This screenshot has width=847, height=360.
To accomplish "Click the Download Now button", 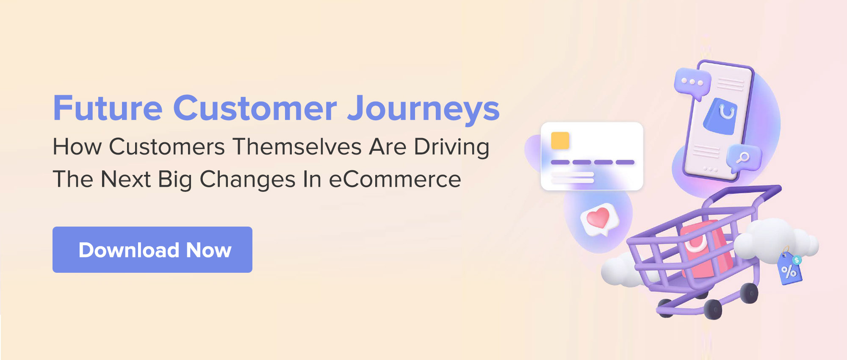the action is tap(152, 249).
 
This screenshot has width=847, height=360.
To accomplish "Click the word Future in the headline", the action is tap(108, 108).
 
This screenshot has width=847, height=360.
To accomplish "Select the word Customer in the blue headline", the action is tap(255, 108).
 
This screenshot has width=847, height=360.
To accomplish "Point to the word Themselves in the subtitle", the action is tap(297, 147).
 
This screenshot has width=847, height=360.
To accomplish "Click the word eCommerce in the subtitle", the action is tap(395, 179).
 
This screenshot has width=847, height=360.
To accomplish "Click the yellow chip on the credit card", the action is tap(560, 141).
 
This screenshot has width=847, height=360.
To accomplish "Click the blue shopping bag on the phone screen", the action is tap(720, 116).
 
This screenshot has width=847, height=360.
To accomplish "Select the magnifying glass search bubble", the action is tap(744, 158).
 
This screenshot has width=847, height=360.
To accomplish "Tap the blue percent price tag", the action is tap(789, 269).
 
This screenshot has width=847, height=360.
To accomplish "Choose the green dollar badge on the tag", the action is tap(797, 260).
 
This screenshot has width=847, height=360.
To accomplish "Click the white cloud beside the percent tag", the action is tap(775, 239).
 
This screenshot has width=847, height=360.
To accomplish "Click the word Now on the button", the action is tap(209, 250).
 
